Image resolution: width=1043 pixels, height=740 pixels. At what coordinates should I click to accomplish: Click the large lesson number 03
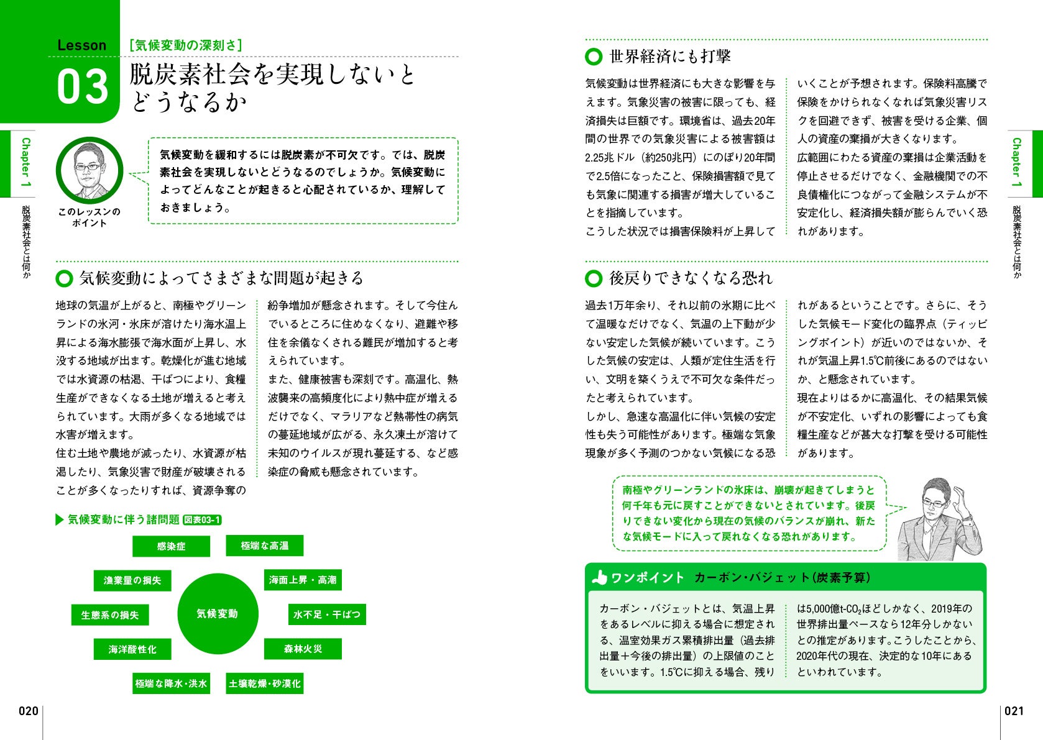83,86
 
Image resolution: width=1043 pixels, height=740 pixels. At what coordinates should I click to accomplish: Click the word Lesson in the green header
81,45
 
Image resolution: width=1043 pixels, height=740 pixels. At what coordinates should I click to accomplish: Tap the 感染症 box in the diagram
171,546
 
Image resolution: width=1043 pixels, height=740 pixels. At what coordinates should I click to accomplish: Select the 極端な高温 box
265,546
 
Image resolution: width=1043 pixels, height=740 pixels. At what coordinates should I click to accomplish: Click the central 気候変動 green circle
217,613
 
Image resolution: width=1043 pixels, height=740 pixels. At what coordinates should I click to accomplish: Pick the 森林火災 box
303,649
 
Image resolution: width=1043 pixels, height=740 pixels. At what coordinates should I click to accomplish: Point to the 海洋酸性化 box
132,649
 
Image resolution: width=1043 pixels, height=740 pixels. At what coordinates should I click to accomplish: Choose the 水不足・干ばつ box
327,614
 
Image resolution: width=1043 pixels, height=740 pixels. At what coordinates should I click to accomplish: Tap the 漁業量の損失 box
132,580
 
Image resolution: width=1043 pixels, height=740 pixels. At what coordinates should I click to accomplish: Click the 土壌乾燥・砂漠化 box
265,683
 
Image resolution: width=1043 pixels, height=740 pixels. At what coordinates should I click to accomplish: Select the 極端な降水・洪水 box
171,683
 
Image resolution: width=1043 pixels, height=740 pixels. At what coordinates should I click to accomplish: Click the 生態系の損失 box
110,614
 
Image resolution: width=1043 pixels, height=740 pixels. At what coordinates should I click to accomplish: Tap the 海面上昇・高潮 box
303,580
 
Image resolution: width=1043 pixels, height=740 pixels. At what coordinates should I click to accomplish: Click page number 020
28,711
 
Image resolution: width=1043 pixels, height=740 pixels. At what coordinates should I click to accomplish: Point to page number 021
1014,711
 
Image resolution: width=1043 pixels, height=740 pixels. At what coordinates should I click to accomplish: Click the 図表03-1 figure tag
202,520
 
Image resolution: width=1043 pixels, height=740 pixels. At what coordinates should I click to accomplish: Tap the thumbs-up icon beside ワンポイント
599,578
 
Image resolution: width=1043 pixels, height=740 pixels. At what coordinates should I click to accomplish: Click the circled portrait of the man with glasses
89,170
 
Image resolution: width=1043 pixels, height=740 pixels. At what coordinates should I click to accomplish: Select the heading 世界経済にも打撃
670,57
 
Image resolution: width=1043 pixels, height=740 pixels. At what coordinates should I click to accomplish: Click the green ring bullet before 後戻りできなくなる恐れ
594,278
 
